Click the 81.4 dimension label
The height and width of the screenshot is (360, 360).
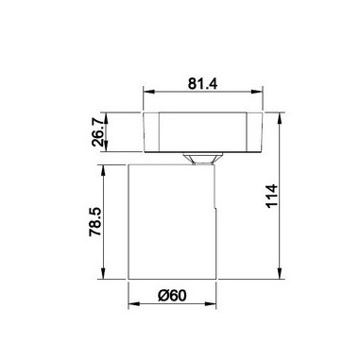tap(202, 84)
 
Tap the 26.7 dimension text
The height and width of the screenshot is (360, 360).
tap(98, 132)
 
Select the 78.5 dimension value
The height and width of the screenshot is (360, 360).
tap(94, 222)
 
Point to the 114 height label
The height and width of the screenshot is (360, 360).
tap(271, 196)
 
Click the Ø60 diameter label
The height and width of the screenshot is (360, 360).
tap(172, 296)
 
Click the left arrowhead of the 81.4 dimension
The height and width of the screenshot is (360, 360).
tap(148, 92)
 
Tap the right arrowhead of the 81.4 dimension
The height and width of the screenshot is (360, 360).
tap(257, 92)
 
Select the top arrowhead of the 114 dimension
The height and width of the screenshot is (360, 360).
tap(280, 119)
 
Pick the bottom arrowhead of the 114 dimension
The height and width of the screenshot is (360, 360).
tap(280, 273)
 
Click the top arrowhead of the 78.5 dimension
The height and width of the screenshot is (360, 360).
tap(103, 170)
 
